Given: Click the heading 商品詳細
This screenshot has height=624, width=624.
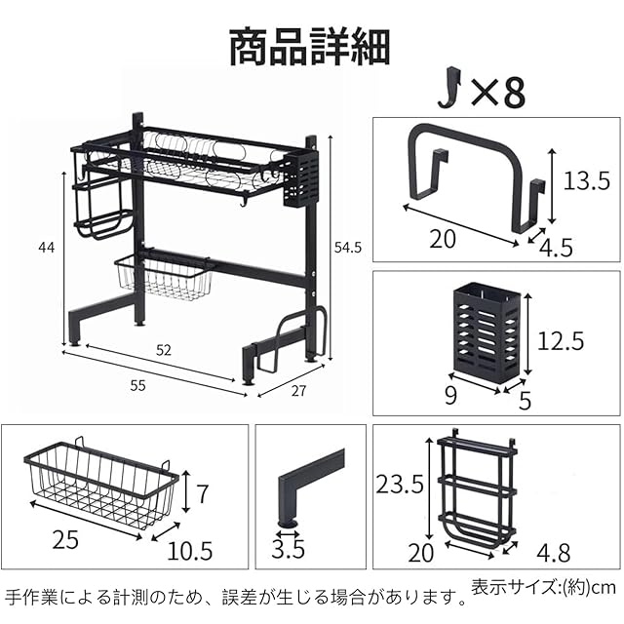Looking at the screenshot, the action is click(310, 47).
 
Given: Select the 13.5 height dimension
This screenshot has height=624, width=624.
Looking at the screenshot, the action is click(587, 178).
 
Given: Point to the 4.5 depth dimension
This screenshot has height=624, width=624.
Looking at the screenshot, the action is click(557, 247).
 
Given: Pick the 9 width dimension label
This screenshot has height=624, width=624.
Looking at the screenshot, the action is click(450, 397).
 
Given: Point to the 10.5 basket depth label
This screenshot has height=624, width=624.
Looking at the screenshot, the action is click(189, 551).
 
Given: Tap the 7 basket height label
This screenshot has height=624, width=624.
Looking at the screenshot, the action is click(202, 493).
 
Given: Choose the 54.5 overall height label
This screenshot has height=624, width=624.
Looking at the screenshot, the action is click(347, 249).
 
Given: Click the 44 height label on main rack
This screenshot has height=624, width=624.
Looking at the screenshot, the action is click(46, 248).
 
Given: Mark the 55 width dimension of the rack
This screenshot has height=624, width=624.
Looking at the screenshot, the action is click(138, 386).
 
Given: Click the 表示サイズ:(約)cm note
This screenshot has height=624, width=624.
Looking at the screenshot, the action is click(544, 588).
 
